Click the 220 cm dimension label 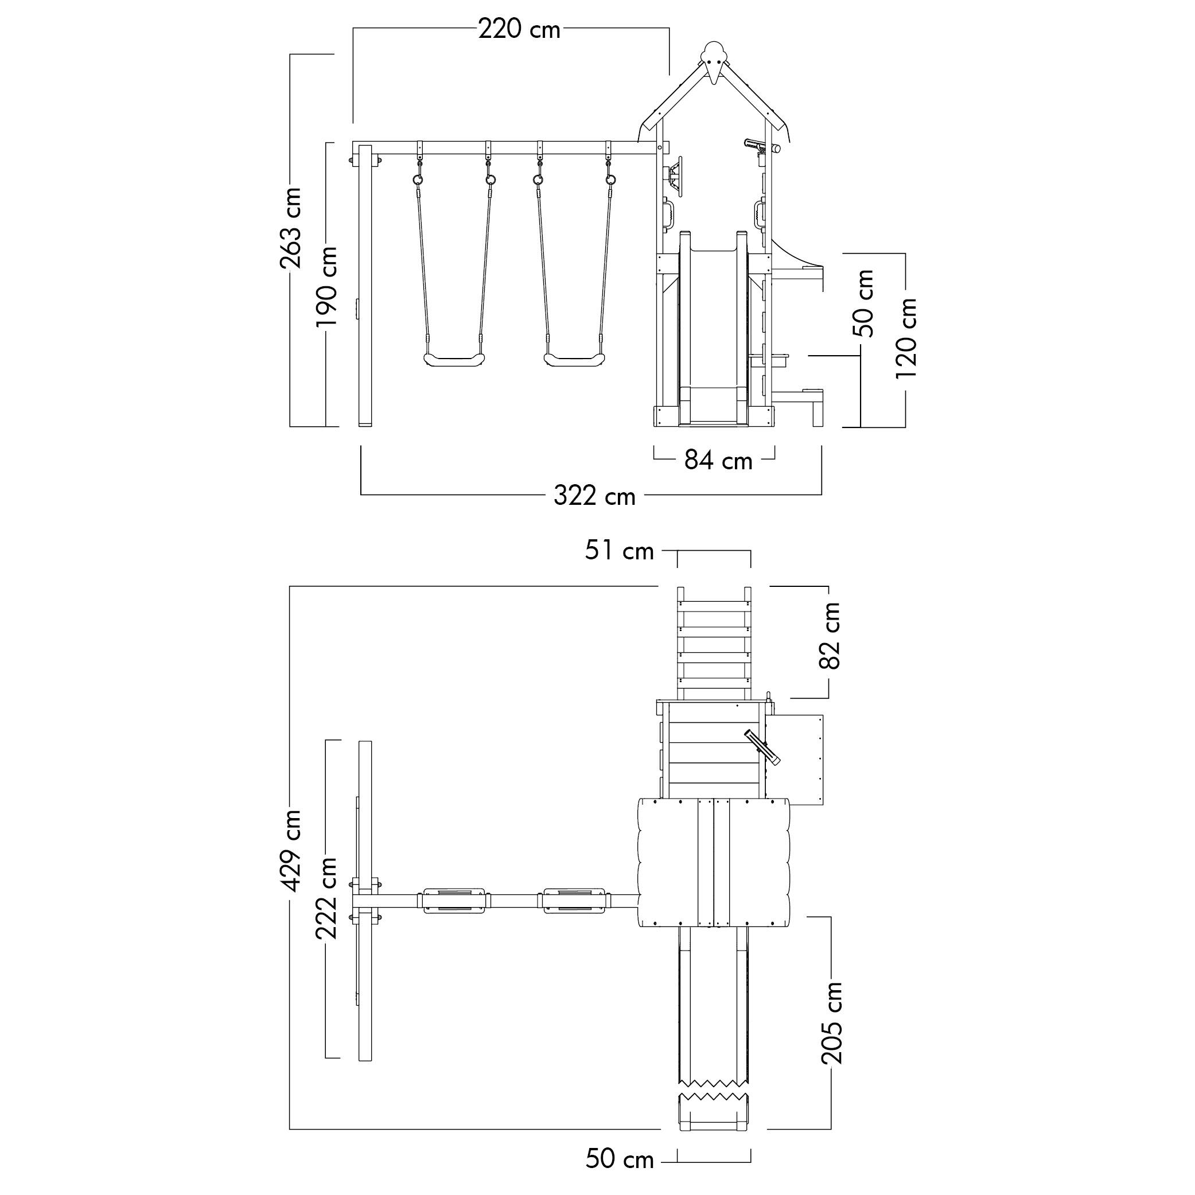coord(520,29)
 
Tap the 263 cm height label coord(291,228)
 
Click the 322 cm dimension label coord(594,496)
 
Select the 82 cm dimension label coord(830,635)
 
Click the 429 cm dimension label coord(291,850)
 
